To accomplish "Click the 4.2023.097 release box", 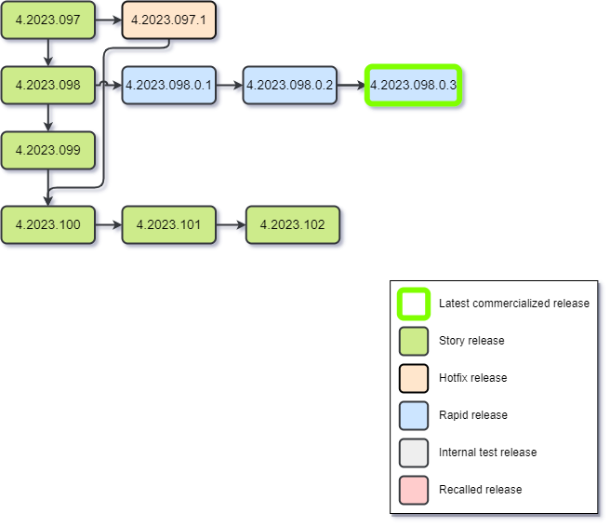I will pos(48,20).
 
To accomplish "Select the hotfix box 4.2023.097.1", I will pos(168,20).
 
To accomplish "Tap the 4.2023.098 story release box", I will pos(48,85).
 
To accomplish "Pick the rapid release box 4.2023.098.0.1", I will pos(168,85).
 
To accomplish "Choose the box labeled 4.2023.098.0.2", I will pos(290,85).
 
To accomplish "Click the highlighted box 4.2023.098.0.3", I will pos(413,85).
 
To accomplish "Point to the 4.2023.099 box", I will pos(48,150).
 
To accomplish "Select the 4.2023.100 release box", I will pos(48,224).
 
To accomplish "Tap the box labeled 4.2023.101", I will pos(168,224).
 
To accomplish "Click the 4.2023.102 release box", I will pos(293,224).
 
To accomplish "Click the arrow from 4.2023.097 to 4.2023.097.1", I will pos(109,20).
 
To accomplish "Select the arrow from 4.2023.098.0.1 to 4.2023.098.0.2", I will pos(230,85).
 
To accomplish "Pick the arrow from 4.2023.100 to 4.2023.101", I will pos(109,224).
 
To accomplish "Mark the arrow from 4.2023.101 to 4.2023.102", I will pos(231,224).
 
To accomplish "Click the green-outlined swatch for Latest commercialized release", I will pos(414,304).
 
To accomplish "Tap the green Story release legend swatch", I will pos(414,341).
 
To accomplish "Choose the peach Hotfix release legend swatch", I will pos(414,378).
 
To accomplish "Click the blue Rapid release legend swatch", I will pos(414,415).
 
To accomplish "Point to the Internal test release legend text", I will pos(487,453).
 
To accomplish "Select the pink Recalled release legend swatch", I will pos(414,490).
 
